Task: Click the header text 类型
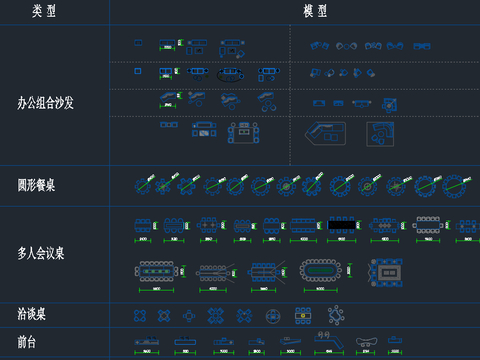[44, 11]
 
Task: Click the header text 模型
[316, 11]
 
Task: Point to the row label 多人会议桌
[41, 253]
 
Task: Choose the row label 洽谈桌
[32, 314]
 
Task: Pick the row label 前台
[29, 341]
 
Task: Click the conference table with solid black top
[341, 226]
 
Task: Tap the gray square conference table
[387, 270]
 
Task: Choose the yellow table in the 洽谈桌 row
[302, 315]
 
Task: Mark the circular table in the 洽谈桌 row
[272, 315]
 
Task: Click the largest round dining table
[456, 185]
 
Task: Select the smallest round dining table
[141, 185]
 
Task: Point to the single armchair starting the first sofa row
[139, 43]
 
